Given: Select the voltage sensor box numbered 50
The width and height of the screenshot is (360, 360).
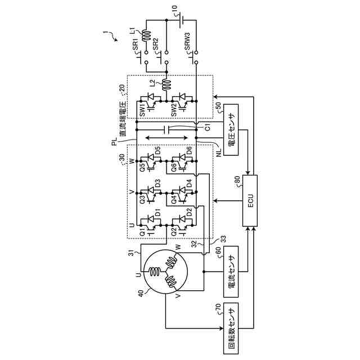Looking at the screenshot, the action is pos(232,129).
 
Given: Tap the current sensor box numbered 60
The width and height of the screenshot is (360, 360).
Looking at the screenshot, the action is pos(232,272).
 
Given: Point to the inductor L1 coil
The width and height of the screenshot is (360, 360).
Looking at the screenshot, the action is pos(145,37).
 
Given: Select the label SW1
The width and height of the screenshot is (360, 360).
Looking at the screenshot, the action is pos(143,109).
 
